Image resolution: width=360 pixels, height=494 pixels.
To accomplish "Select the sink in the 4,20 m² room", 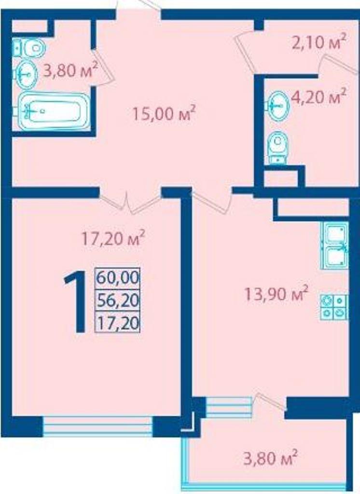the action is (277, 106).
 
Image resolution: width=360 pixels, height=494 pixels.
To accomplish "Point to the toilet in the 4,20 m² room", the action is (277, 148).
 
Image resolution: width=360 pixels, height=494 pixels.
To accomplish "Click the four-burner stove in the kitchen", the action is (334, 307).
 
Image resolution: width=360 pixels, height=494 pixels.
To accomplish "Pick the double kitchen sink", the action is (334, 246).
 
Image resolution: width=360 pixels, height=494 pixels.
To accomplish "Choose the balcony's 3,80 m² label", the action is (270, 457).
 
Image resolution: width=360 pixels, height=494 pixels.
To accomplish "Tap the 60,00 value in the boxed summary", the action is (118, 278).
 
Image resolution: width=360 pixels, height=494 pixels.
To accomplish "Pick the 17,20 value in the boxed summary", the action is (118, 323).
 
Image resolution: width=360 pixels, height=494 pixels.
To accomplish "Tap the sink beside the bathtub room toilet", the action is (25, 74).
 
